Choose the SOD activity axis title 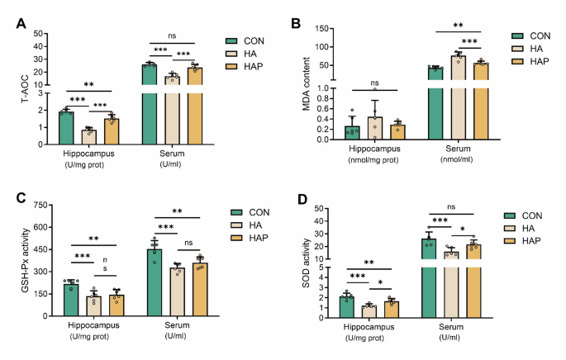[x=310, y=264]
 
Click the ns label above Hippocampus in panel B [x=374, y=83]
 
